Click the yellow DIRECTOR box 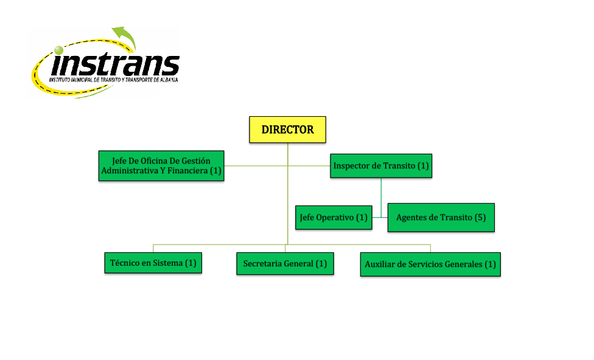pyautogui.click(x=287, y=130)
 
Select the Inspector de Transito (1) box pyautogui.click(x=381, y=165)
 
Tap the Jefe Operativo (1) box pyautogui.click(x=334, y=217)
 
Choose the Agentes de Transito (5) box pyautogui.click(x=441, y=217)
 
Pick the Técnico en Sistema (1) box pyautogui.click(x=153, y=263)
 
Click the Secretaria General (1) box pyautogui.click(x=285, y=263)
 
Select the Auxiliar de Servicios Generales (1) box pyautogui.click(x=430, y=265)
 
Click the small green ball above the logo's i pyautogui.click(x=58, y=50)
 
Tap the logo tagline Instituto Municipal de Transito pyautogui.click(x=113, y=80)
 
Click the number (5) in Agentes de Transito pyautogui.click(x=480, y=217)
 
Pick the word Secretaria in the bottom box pyautogui.click(x=264, y=263)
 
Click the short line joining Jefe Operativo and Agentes pyautogui.click(x=380, y=217)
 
